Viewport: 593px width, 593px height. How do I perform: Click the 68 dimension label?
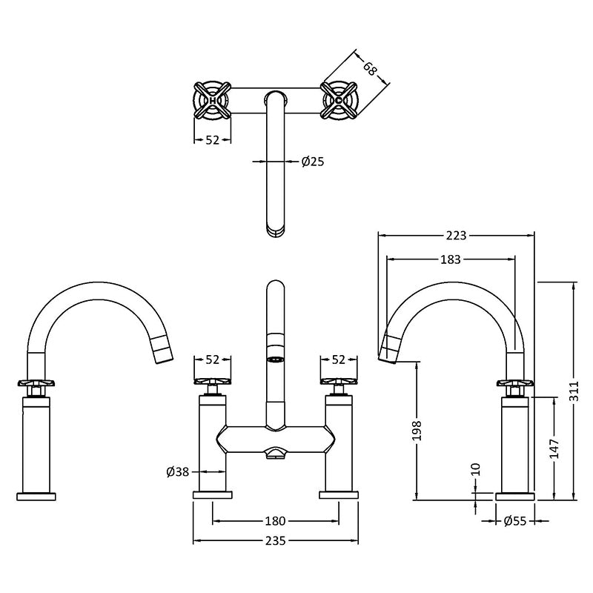point(370,68)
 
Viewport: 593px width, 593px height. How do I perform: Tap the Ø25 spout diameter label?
point(313,162)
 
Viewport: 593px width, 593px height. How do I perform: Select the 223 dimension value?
point(457,235)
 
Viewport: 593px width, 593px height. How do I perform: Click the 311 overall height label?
point(574,391)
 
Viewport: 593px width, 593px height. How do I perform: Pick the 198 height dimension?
point(417,431)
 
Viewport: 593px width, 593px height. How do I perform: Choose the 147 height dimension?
point(554,448)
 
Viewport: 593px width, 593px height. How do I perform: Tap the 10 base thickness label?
point(476,469)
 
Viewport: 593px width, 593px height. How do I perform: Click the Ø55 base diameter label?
point(515,521)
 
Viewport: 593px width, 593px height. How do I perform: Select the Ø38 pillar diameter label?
point(178,471)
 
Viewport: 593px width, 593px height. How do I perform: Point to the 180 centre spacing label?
point(275,521)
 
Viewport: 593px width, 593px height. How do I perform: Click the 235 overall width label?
point(275,541)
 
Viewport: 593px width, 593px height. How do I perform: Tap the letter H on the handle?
point(213,101)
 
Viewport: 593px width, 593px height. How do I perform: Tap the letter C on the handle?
point(339,101)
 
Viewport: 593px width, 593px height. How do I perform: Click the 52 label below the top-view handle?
point(212,140)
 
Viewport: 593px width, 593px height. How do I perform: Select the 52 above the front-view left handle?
point(212,360)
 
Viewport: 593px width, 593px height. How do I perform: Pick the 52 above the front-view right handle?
point(338,360)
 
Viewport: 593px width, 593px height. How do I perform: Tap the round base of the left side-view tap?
point(36,496)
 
